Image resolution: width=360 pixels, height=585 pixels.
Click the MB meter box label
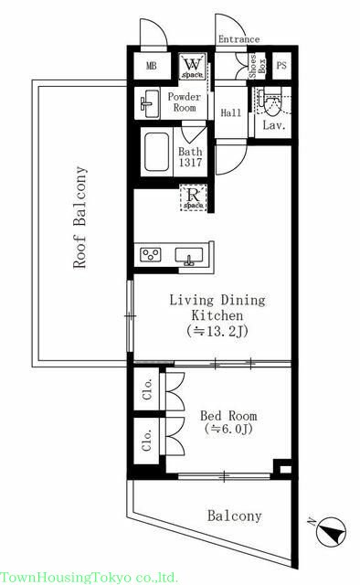[x=151, y=67]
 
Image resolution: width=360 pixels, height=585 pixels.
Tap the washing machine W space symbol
[x=193, y=67]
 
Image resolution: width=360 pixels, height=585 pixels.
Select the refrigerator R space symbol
[x=193, y=197]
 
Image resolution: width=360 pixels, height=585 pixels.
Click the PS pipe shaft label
[x=281, y=65]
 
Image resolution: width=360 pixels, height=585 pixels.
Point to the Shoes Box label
[x=258, y=67]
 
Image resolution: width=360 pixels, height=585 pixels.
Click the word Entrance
[x=238, y=39]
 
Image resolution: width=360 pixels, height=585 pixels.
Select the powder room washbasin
[x=148, y=103]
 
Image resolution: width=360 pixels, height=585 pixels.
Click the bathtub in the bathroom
[x=156, y=153]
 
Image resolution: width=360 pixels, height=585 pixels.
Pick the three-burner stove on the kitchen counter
[x=151, y=255]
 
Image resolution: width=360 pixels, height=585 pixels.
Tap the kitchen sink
[x=189, y=256]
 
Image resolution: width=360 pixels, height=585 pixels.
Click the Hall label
[x=230, y=112]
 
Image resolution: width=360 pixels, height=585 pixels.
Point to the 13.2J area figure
[x=217, y=331]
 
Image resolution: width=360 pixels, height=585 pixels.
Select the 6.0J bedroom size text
[x=228, y=429]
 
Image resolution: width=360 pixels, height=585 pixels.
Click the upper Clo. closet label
[x=147, y=389]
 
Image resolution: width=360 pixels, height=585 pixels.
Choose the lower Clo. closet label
[x=147, y=441]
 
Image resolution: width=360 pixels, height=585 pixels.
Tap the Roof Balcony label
[x=79, y=218]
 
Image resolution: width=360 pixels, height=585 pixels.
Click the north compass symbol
[x=332, y=532]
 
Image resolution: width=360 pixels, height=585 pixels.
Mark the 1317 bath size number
[x=190, y=163]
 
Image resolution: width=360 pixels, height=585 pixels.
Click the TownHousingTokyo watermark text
[x=89, y=578]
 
